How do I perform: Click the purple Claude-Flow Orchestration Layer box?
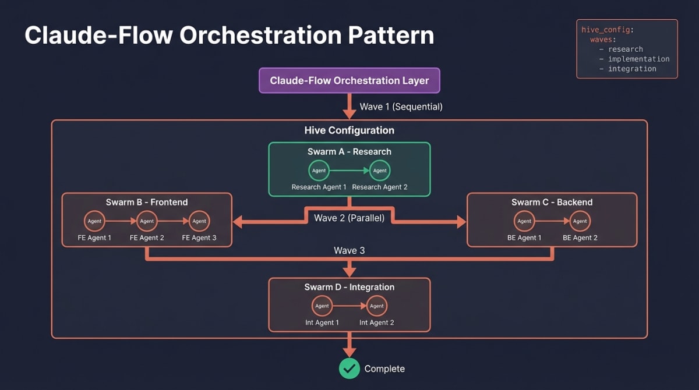click(x=349, y=81)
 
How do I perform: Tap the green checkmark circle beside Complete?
click(x=349, y=368)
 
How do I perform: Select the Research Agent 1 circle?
click(x=319, y=171)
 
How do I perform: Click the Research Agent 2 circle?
click(x=380, y=171)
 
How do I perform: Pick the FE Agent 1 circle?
click(x=94, y=221)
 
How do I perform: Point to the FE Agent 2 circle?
click(x=147, y=221)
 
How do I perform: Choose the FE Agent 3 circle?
click(x=199, y=221)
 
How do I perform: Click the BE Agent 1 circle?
click(x=524, y=221)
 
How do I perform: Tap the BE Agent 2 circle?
click(x=580, y=221)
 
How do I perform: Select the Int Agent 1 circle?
click(x=322, y=306)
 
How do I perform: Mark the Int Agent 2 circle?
click(x=377, y=306)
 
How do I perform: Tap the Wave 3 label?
click(x=349, y=250)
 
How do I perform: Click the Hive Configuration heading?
click(x=349, y=130)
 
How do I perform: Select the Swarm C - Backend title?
click(x=552, y=202)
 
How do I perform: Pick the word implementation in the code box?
click(x=638, y=59)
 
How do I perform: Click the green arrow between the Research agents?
click(x=349, y=171)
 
